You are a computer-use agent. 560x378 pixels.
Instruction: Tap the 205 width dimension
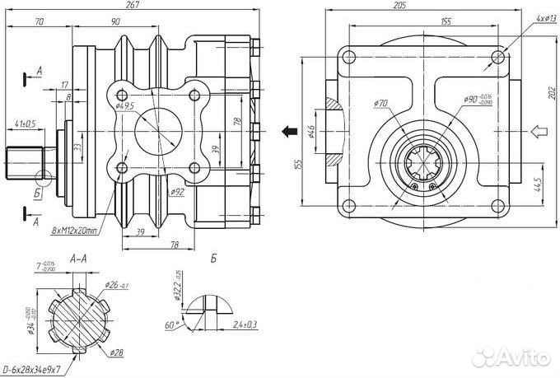coord(423,5)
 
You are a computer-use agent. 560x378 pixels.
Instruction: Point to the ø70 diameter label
coord(380,103)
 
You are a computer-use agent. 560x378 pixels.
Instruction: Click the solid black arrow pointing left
coord(288,130)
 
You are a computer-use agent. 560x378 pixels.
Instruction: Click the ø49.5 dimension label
coord(125,106)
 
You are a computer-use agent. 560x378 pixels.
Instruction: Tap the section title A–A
coord(80,259)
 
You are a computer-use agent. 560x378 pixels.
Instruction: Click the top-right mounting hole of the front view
coord(497,56)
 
